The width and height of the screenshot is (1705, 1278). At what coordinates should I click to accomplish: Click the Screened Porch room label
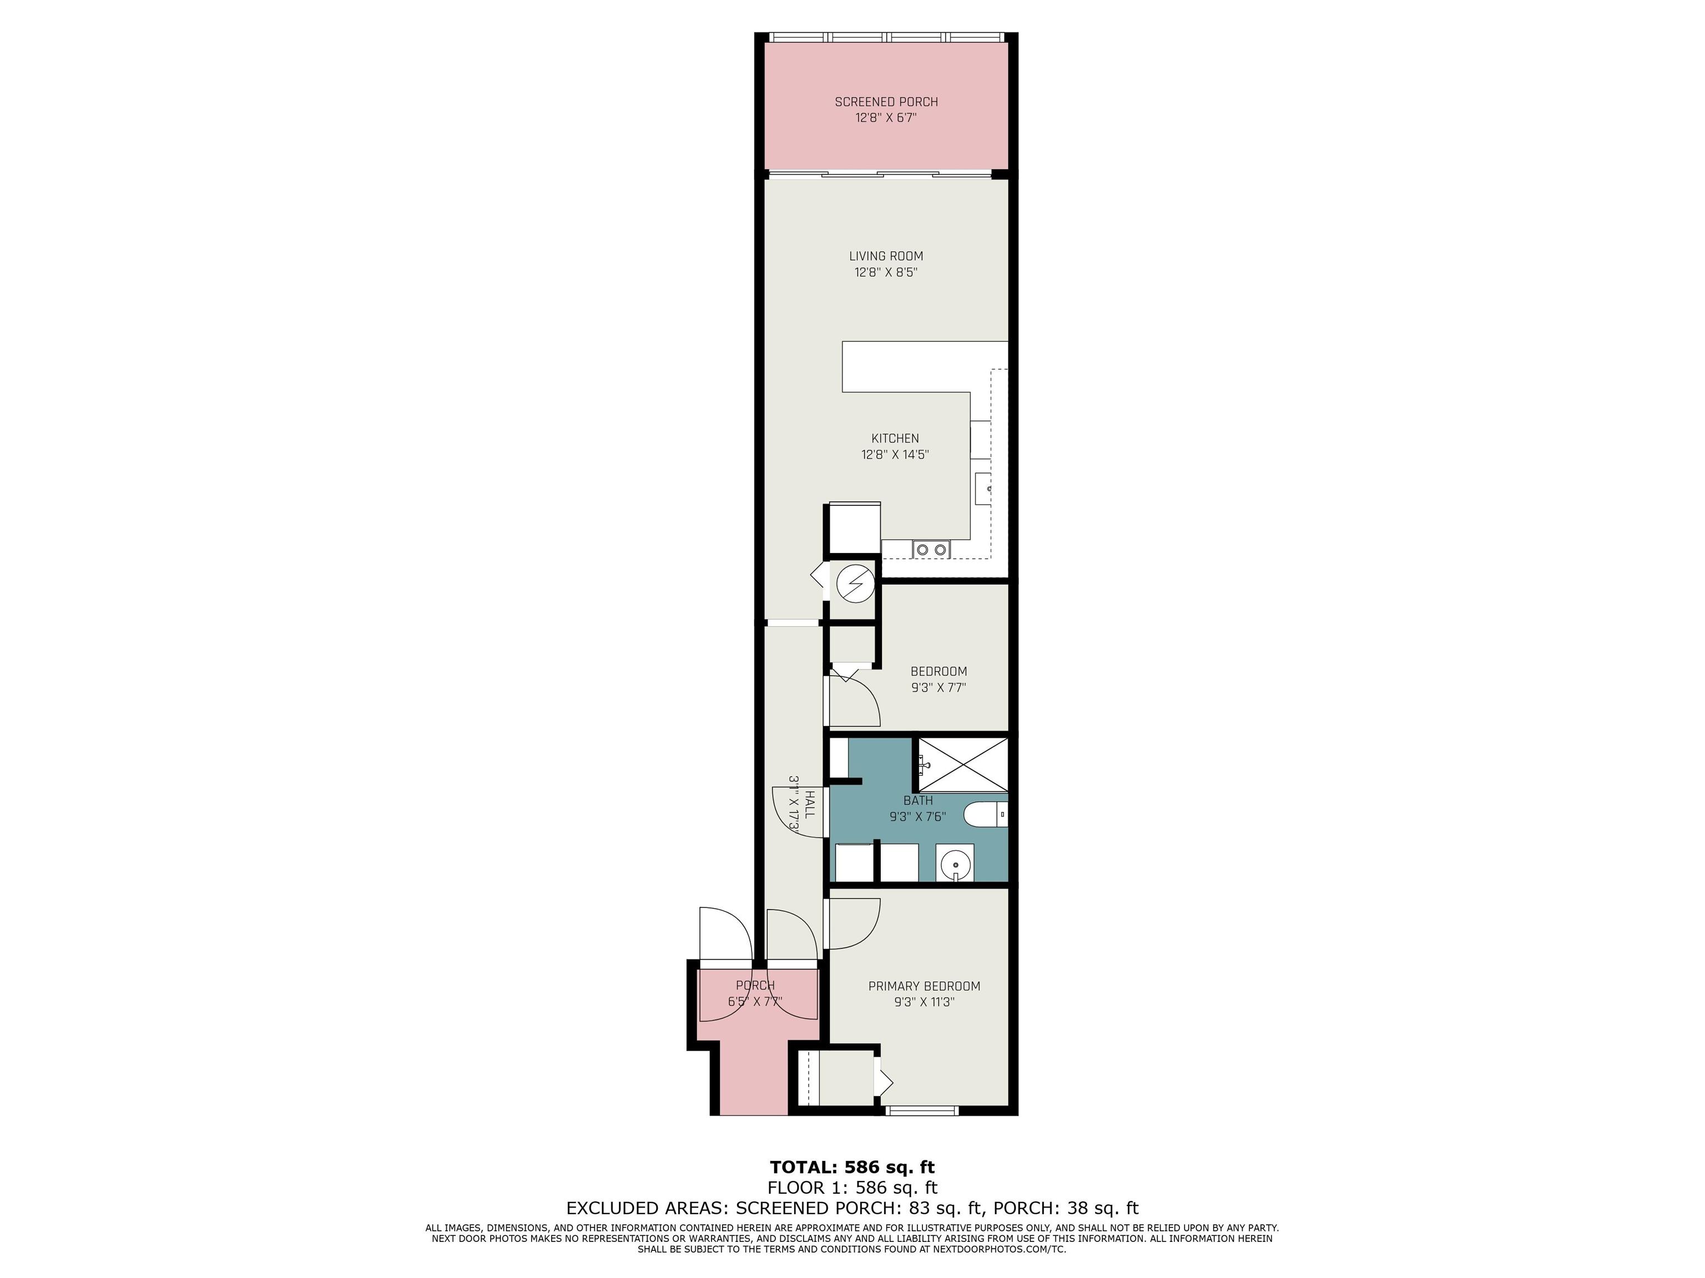886,102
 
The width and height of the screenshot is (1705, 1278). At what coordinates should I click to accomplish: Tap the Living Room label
886,256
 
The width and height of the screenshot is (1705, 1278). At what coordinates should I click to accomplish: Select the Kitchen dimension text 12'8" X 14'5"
895,454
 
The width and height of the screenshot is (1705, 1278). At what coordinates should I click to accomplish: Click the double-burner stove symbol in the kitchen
931,549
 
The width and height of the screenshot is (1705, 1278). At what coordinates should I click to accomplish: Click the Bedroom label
939,671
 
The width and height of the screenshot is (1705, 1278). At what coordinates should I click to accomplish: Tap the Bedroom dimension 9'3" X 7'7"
939,687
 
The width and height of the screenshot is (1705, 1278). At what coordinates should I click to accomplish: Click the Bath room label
918,800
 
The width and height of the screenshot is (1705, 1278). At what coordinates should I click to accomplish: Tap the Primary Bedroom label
924,986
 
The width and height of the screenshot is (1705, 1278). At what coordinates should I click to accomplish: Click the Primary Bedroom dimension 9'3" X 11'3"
924,1002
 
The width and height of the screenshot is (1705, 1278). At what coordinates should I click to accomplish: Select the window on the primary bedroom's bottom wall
921,1110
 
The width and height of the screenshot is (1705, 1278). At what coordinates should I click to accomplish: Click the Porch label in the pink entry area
755,985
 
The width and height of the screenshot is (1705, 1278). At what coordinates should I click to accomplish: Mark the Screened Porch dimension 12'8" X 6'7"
886,118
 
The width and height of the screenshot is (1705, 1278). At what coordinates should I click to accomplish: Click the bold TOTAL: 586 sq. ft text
852,1167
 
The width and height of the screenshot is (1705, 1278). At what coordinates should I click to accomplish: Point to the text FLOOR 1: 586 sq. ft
852,1188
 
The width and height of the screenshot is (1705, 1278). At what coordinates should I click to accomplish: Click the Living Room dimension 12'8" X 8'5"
886,272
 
